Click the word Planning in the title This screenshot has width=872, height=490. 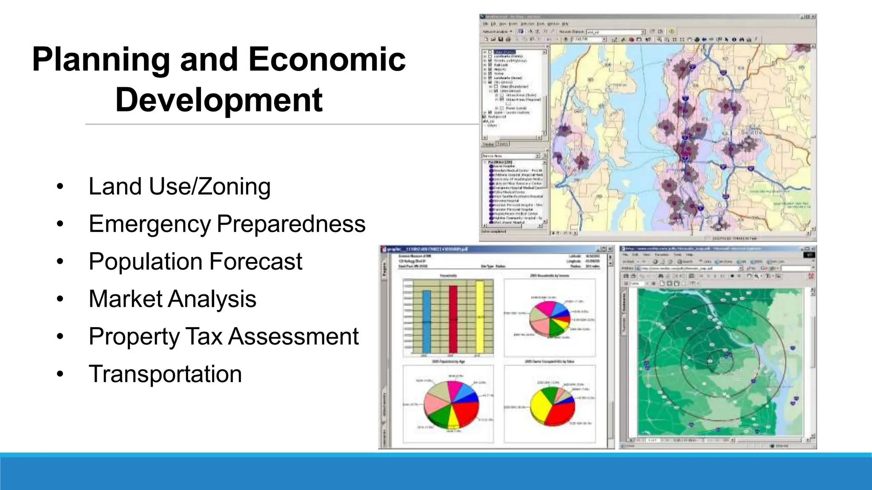tap(101, 60)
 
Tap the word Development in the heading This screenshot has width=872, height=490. tap(219, 100)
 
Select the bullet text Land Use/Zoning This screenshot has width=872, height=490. tap(179, 186)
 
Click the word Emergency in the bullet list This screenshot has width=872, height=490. tap(149, 224)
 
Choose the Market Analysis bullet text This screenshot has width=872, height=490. tap(172, 299)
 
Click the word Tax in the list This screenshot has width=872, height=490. tap(204, 336)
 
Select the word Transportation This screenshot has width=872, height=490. tap(165, 374)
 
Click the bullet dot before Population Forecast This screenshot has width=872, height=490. tap(60, 261)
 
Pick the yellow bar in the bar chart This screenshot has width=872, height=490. tap(480, 317)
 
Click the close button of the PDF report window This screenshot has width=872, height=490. tap(610, 249)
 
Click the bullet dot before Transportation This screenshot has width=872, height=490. tap(60, 374)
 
